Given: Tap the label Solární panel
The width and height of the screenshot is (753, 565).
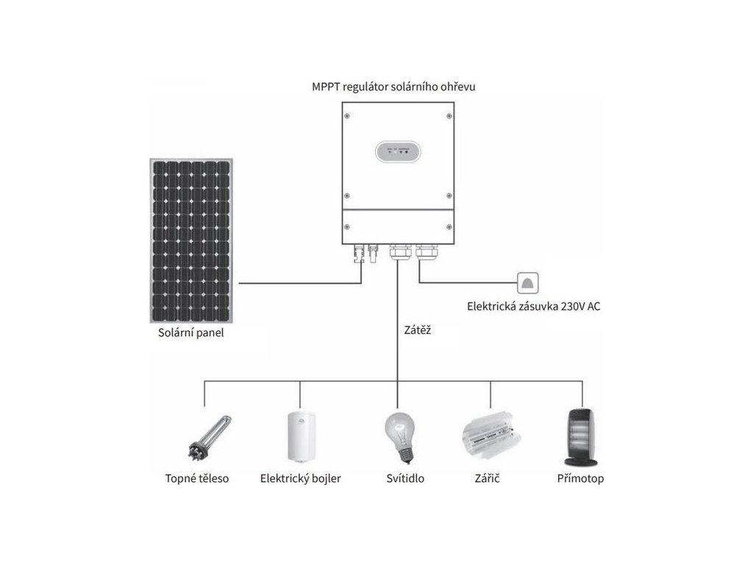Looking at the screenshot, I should (x=191, y=333).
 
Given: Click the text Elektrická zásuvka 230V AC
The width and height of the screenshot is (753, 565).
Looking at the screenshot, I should (x=534, y=307).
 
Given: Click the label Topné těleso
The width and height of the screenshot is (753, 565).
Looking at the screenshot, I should (x=197, y=479).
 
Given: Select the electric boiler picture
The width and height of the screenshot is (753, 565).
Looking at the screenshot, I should (x=300, y=438).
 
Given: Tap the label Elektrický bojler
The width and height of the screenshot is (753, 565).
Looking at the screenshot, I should (x=300, y=479).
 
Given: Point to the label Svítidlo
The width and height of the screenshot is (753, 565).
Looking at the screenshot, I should (x=404, y=479).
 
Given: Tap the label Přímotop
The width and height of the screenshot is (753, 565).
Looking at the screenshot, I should (x=581, y=479).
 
